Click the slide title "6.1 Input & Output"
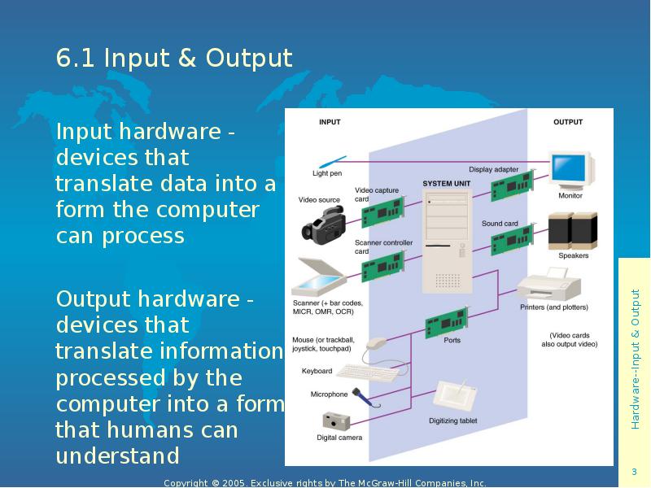[174, 59]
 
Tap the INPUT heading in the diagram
[330, 122]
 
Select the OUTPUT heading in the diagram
[568, 122]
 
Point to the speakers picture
[573, 230]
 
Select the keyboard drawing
[366, 372]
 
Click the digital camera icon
[336, 420]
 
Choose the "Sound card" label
[500, 224]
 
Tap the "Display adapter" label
[493, 169]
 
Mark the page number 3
[634, 473]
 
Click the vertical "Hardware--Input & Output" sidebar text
[635, 358]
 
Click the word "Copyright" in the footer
[186, 483]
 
